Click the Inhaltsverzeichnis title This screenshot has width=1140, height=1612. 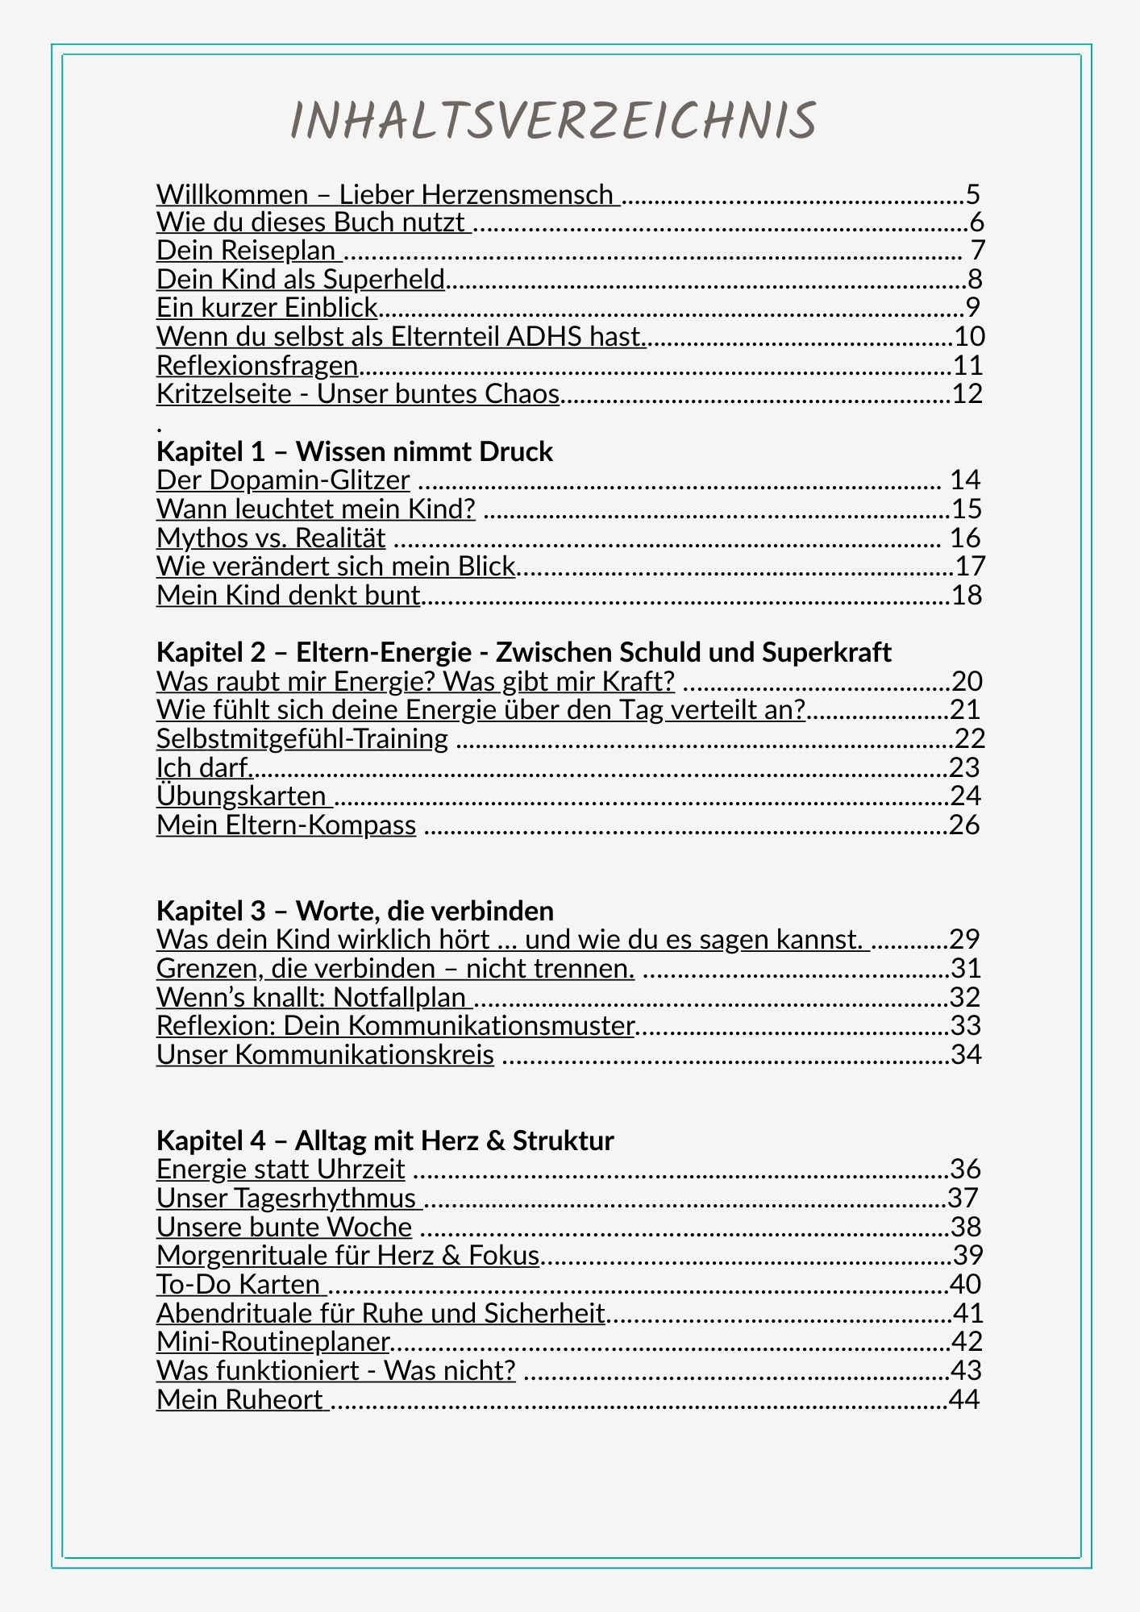tap(553, 121)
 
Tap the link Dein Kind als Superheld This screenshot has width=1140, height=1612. tap(301, 280)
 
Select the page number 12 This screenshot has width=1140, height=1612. tap(967, 394)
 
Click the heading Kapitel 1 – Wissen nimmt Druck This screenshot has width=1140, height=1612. tap(355, 451)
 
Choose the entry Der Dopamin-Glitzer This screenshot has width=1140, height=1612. tap(283, 480)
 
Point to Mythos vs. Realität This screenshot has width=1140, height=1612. tap(271, 538)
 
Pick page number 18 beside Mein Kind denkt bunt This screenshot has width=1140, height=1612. tap(967, 596)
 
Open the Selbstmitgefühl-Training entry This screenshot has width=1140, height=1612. tap(302, 739)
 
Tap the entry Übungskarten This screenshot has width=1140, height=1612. tap(241, 796)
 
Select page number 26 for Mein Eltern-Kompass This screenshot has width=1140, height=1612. tap(964, 825)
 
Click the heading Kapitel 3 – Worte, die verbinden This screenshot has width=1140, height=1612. tap(355, 912)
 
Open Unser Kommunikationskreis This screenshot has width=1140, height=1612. tap(325, 1055)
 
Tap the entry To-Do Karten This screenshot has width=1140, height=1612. tap(238, 1285)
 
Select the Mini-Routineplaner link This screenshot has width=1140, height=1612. tap(273, 1342)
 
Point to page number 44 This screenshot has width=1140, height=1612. tap(964, 1400)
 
